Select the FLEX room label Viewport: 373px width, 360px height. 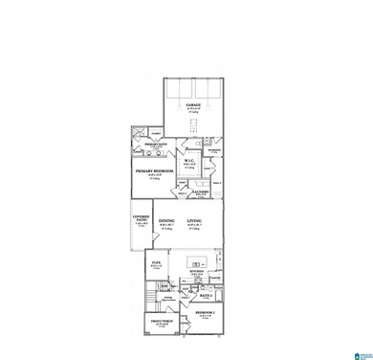point(155,259)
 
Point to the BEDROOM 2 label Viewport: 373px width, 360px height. point(206,315)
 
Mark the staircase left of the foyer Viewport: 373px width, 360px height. point(151,290)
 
